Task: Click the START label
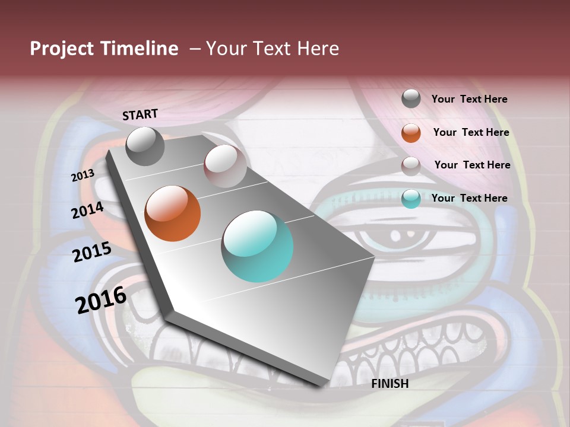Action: point(140,114)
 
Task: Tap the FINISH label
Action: point(390,384)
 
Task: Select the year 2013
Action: point(83,175)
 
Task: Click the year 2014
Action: point(87,210)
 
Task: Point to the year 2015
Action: point(92,251)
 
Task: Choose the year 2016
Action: point(101,299)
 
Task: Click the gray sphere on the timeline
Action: point(145,146)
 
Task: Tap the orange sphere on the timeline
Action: point(173,213)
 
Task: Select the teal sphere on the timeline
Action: point(257,246)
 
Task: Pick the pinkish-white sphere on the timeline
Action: point(225,166)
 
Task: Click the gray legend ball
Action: point(411,99)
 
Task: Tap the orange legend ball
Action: point(411,133)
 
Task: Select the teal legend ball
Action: point(411,199)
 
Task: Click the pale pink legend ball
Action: point(411,165)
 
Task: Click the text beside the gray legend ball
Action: point(469,99)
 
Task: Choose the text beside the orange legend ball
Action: point(471,132)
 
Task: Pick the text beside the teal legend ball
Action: point(469,198)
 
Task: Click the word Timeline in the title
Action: point(139,49)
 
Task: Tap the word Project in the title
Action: point(62,49)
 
